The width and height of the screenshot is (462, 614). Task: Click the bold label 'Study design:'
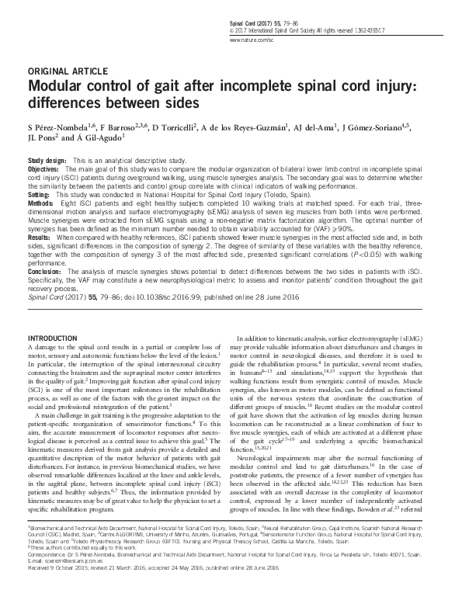(x=47, y=159)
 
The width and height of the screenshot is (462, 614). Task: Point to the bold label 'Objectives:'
(x=43, y=168)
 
